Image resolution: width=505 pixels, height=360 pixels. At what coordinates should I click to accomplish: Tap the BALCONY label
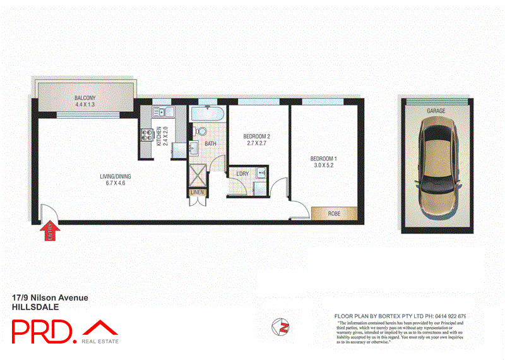coord(85,98)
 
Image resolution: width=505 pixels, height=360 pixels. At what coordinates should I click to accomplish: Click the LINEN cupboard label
coord(196,192)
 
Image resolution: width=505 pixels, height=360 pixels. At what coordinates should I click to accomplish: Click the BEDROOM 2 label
coord(257,136)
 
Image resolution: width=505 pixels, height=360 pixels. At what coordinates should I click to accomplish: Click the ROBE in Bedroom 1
coord(333,213)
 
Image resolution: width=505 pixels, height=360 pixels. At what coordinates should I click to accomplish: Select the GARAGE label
coord(436,111)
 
